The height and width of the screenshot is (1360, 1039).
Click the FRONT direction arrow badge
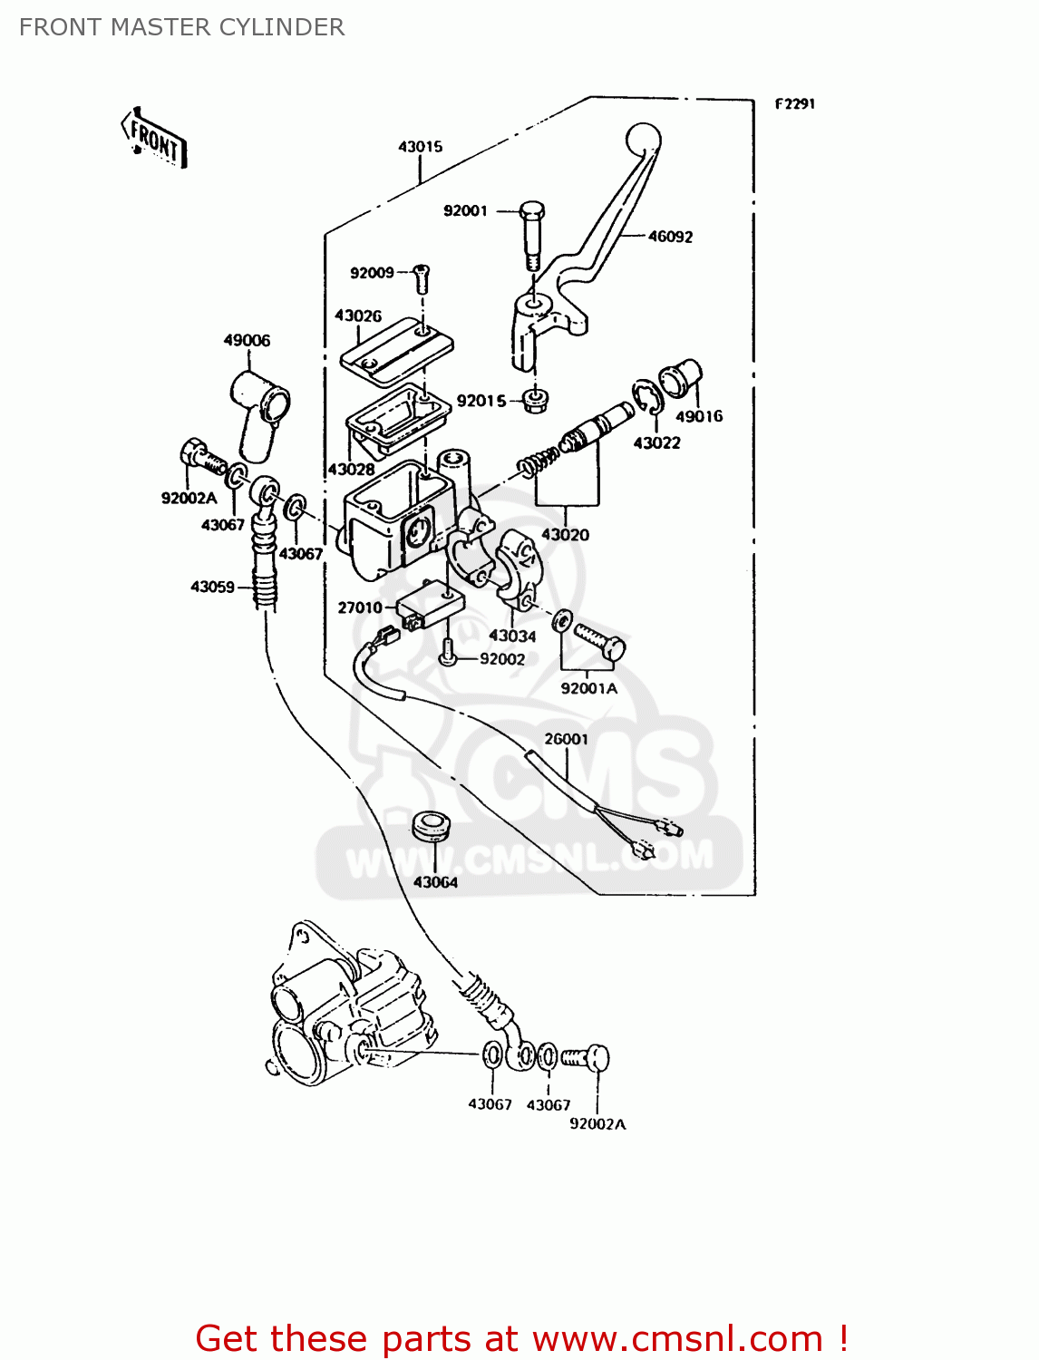click(154, 139)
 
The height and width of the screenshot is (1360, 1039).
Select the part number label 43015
click(420, 147)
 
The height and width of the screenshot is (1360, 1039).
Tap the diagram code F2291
click(795, 104)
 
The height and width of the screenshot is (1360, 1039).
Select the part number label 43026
click(358, 316)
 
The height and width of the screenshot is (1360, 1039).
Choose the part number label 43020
click(565, 535)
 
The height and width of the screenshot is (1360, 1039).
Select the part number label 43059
click(212, 587)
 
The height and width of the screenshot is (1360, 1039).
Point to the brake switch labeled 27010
click(431, 603)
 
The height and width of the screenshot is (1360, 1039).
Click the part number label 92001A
click(588, 688)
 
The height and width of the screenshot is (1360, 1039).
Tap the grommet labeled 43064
click(432, 825)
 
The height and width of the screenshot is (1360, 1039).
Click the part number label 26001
click(566, 739)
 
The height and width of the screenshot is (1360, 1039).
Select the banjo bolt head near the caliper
click(597, 1057)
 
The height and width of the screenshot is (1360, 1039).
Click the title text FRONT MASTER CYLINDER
click(181, 27)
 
